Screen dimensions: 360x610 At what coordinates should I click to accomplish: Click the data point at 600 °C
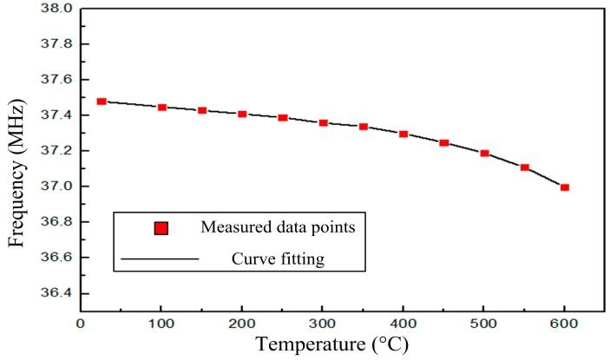564,187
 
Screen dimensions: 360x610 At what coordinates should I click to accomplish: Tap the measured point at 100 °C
162,108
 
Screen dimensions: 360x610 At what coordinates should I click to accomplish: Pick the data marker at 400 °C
403,134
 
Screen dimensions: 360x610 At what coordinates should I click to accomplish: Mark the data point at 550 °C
524,167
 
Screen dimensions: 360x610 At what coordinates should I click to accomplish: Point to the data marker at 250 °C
283,118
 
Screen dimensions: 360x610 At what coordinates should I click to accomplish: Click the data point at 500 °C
484,154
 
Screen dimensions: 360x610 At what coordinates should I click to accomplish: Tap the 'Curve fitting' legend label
271,258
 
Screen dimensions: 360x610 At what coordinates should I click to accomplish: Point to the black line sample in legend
161,259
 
